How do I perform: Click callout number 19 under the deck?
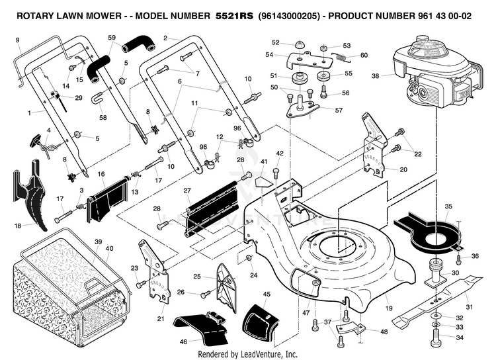tap(389, 308)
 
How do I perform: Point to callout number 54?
tap(269, 54)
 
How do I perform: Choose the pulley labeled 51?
tap(298, 78)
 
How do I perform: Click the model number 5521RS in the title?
tap(234, 16)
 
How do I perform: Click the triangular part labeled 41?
tap(263, 182)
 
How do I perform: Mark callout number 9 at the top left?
tap(17, 40)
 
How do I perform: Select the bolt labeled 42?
tap(276, 175)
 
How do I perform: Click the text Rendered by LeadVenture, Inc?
tap(248, 353)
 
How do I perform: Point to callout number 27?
tap(187, 191)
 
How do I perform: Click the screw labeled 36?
tap(458, 259)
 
